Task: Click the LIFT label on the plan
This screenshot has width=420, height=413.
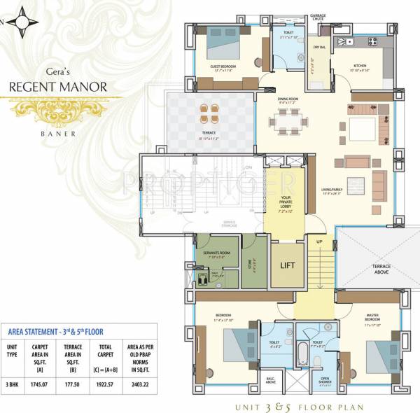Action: pyautogui.click(x=287, y=265)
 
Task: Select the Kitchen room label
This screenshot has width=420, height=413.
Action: pyautogui.click(x=360, y=66)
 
